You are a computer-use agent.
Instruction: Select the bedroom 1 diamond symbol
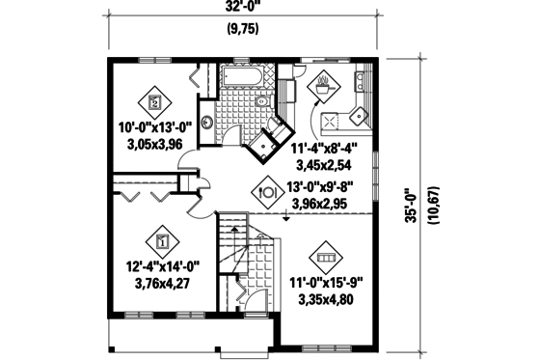[161, 237]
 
